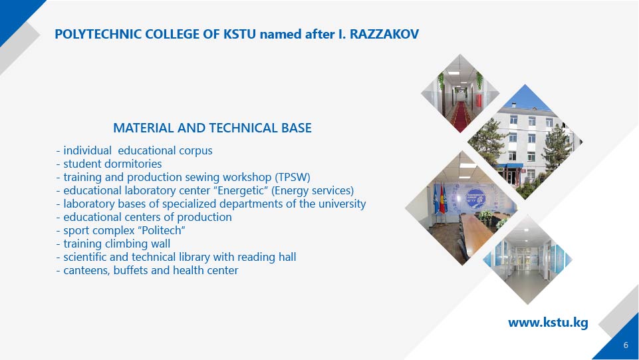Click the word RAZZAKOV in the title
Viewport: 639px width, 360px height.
(384, 34)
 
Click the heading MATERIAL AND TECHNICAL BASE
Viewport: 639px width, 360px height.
(212, 128)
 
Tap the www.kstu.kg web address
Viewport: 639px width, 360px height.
(548, 323)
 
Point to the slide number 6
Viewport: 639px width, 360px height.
(626, 345)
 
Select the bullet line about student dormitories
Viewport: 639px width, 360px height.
(109, 164)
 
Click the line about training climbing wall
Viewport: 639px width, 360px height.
(113, 244)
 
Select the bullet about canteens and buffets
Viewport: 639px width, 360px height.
(147, 270)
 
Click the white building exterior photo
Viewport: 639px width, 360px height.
(525, 142)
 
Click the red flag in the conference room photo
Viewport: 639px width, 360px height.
(442, 199)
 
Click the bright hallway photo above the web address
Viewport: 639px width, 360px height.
(528, 260)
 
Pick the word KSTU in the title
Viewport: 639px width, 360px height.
(239, 34)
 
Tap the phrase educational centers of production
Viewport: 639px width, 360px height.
(148, 218)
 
